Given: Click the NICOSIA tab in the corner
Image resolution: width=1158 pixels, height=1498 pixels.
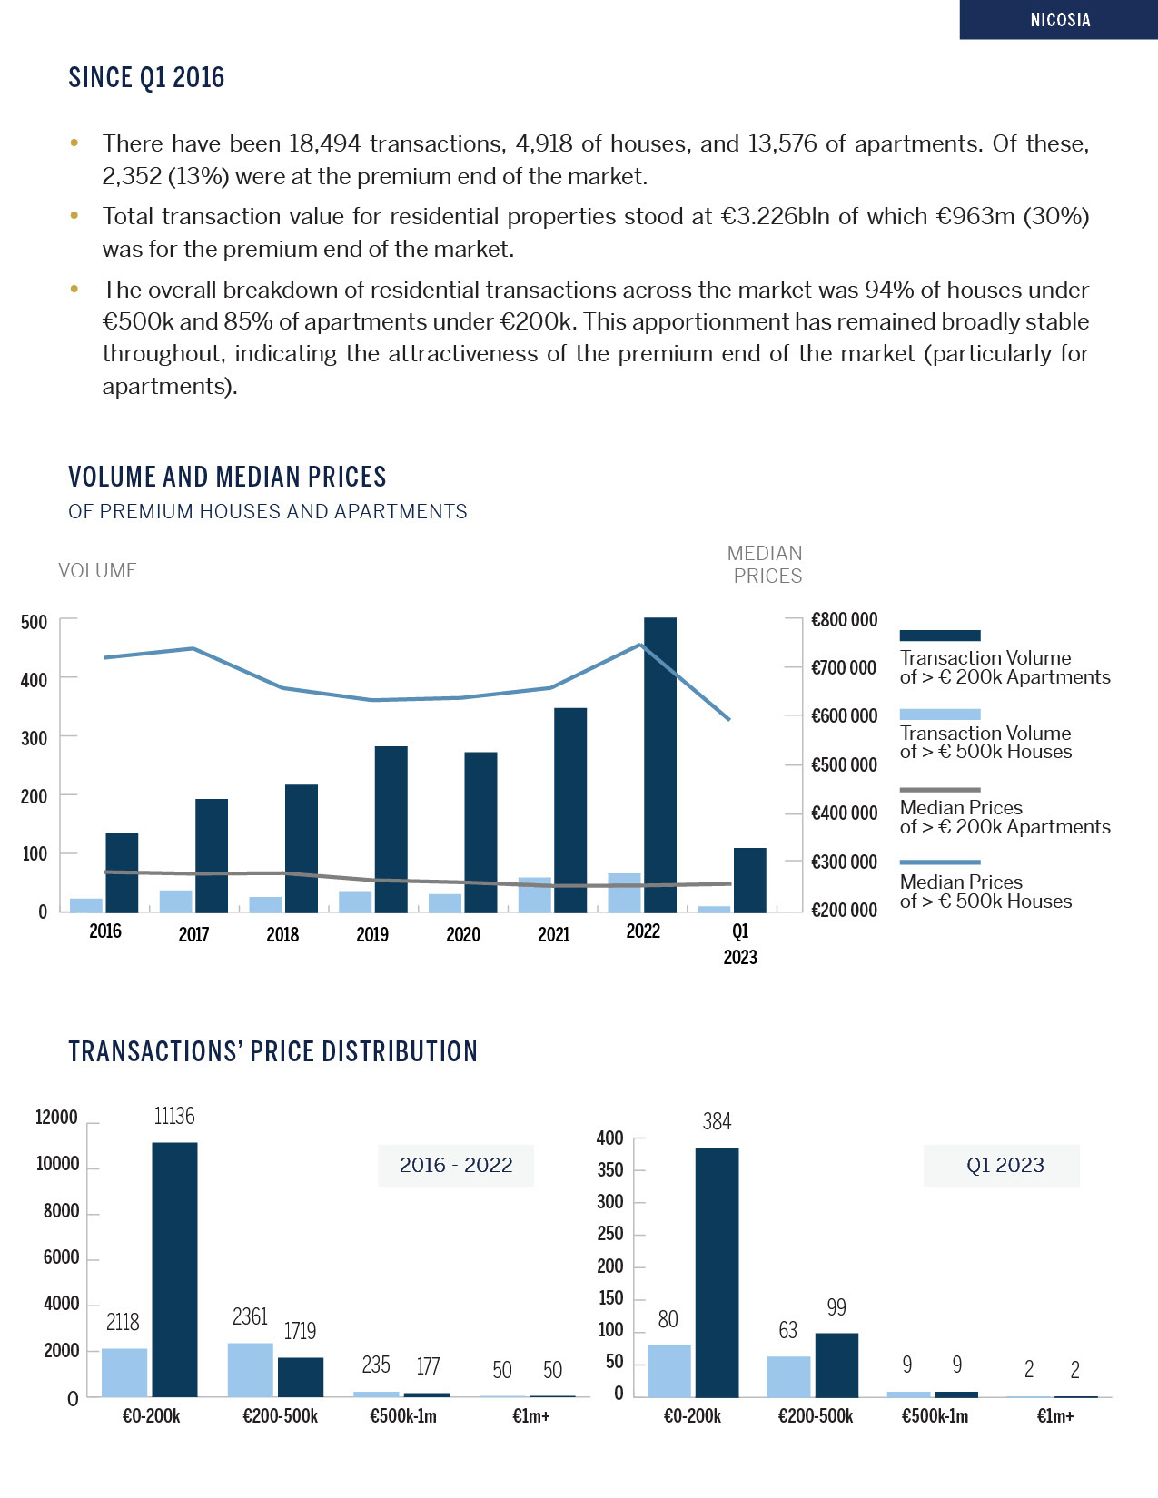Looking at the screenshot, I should point(1059,20).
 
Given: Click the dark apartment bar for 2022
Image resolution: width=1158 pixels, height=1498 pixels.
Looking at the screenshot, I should point(660,764).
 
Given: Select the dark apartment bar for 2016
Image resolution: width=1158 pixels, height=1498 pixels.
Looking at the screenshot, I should point(122,872).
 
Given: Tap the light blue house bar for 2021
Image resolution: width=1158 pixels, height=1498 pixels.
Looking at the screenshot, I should point(535,895).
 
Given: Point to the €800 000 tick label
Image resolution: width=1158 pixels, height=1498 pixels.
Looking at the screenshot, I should point(844,620).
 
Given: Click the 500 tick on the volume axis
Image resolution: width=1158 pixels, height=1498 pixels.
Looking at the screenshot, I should point(35,623).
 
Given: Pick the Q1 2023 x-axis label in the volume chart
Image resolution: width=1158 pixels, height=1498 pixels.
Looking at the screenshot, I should point(740,944).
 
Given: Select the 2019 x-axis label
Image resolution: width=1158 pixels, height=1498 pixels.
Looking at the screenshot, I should point(372,934).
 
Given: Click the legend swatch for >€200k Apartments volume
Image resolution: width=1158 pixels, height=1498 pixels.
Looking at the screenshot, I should point(940,636).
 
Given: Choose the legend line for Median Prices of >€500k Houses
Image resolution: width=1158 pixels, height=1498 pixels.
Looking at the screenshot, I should point(940,862).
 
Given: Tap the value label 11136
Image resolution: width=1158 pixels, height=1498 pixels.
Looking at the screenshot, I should point(174,1116).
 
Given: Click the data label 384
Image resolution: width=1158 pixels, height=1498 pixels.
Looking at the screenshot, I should point(717,1122).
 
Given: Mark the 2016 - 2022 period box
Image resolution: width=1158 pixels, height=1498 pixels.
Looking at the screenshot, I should point(456,1165).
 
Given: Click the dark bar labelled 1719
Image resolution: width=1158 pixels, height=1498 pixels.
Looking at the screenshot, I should point(301,1376).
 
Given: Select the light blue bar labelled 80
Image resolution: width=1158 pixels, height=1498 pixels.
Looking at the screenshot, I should point(669,1371).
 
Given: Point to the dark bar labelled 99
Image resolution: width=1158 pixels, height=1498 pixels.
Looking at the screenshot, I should point(836,1365).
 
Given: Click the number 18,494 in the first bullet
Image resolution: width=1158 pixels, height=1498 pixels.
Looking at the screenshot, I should point(324,143).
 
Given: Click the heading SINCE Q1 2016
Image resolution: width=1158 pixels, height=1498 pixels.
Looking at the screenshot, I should point(146,78).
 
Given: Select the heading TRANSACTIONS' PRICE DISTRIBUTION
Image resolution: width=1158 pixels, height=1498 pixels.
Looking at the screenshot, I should point(272,1051).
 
